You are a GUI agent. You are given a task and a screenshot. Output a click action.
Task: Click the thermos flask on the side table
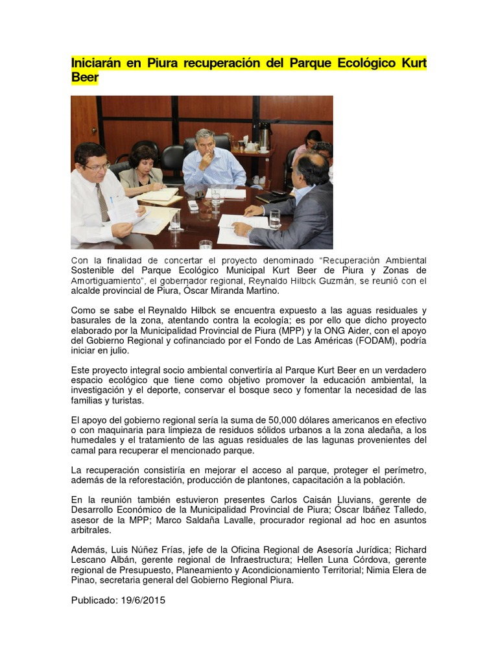[x=264, y=136]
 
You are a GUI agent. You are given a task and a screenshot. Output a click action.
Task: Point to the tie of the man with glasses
[x=103, y=202]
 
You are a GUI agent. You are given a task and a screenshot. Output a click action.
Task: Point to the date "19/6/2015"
[x=143, y=600]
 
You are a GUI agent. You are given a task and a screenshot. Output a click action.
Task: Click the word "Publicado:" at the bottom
[x=95, y=600]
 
